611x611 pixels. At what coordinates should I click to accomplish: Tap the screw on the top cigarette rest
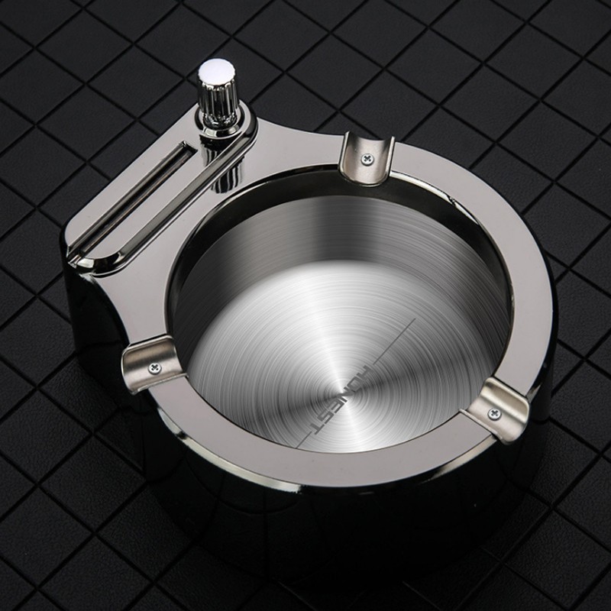pyautogui.click(x=367, y=157)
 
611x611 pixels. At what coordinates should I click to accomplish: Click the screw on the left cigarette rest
pyautogui.click(x=155, y=367)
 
